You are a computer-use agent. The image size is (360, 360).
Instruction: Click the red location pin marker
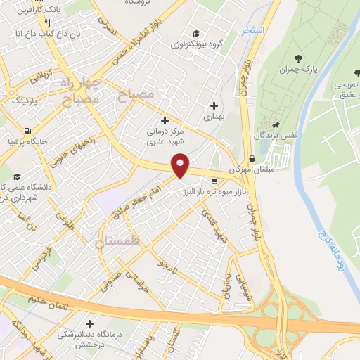[x=181, y=165]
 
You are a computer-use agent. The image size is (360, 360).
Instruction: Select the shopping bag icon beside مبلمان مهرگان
[x=252, y=159]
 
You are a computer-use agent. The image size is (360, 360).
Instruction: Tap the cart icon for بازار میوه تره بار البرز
[x=214, y=181]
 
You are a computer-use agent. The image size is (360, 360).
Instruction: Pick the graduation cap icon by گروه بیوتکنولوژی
[x=195, y=33]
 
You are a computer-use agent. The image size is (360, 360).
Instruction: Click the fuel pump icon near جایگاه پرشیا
[x=27, y=130]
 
